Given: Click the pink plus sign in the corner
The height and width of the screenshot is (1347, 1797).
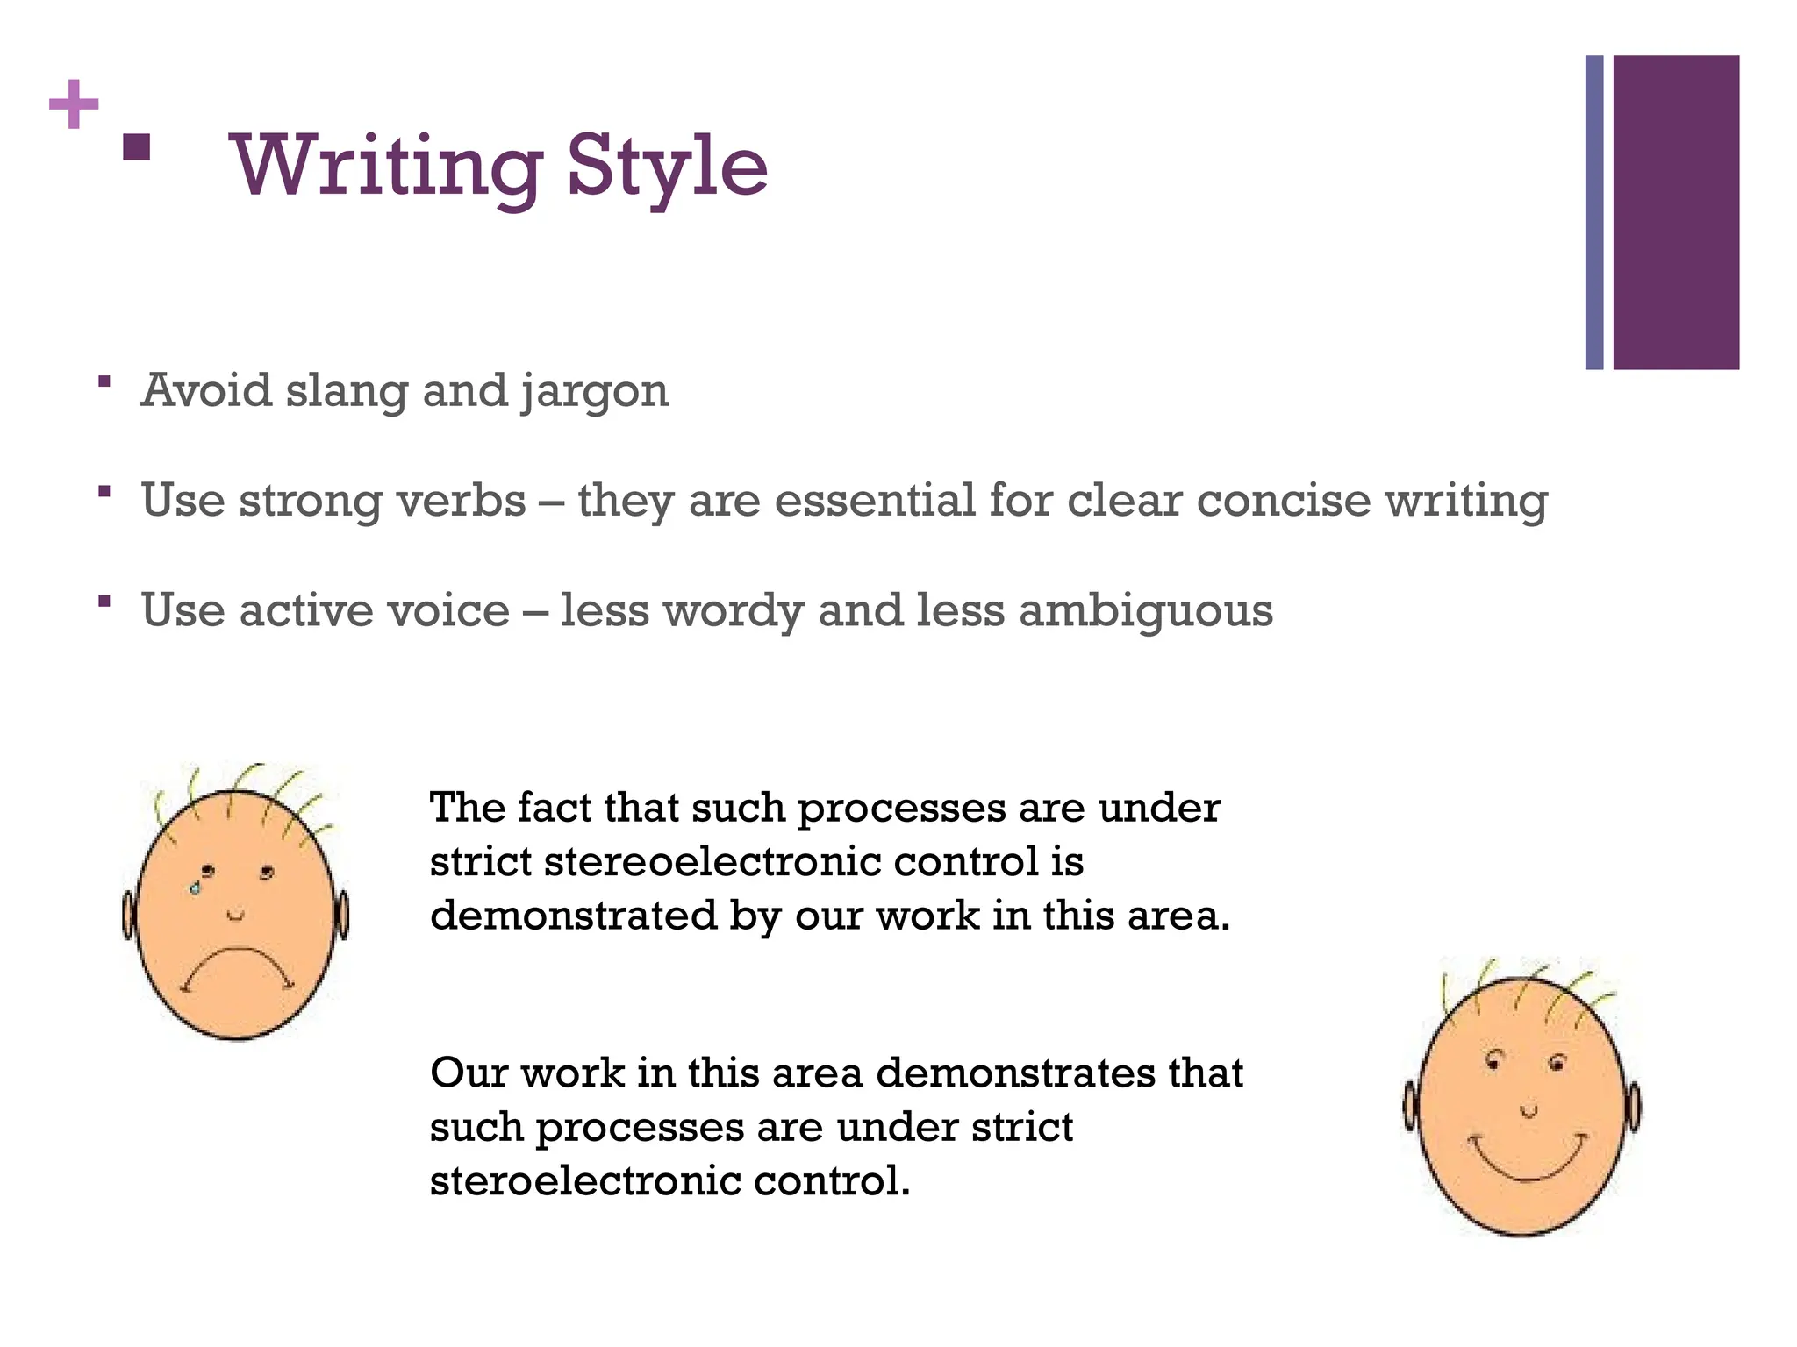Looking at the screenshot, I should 74,104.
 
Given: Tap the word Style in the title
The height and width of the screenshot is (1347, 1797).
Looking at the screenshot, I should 667,167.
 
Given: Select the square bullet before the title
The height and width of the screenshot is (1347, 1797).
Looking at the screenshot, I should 136,146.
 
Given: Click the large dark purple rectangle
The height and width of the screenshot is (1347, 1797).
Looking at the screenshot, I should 1675,212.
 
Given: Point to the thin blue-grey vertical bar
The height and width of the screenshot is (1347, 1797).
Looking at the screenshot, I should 1593,212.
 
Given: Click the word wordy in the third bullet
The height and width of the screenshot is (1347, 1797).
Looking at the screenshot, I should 733,611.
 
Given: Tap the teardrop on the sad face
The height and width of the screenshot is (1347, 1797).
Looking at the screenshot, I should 195,888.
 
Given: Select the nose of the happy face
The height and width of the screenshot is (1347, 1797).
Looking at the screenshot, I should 1529,1111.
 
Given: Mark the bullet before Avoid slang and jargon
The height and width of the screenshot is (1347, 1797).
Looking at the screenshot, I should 104,381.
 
